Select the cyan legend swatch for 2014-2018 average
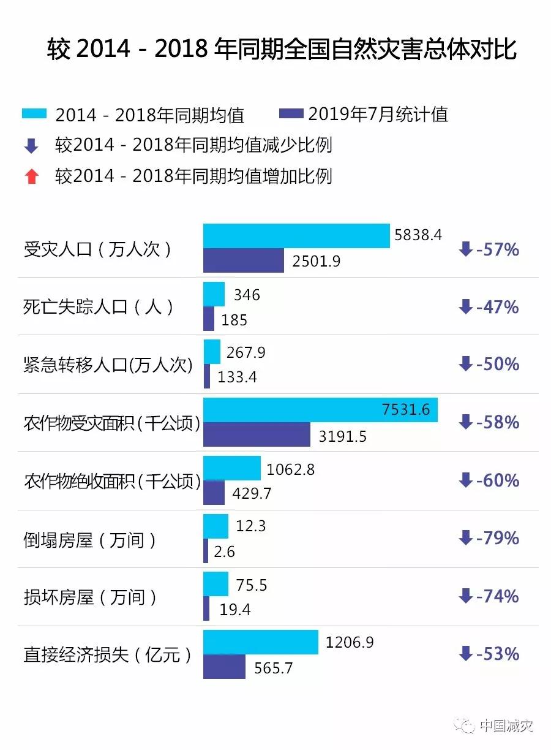(x=34, y=114)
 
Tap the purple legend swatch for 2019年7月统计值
(x=291, y=114)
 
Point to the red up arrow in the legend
(x=32, y=176)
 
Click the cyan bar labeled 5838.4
(x=296, y=236)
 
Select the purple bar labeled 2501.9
(x=244, y=260)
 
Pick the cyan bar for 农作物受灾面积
(x=320, y=410)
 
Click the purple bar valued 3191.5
(x=257, y=434)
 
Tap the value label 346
(x=247, y=295)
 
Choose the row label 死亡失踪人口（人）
(x=99, y=306)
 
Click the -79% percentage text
(x=497, y=538)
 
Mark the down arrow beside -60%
(x=465, y=480)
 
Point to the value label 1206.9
(x=350, y=642)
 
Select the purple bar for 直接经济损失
(x=224, y=667)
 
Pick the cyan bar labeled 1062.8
(x=231, y=468)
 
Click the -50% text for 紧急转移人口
(x=497, y=364)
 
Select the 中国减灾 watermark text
(x=506, y=725)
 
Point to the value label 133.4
(x=237, y=377)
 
